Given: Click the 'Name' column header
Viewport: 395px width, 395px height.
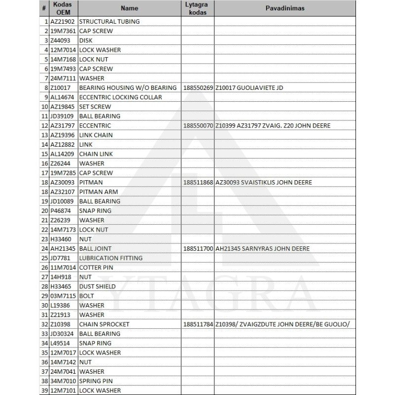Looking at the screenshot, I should coord(129,8).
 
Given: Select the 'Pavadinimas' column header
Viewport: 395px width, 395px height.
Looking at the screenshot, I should coord(285,8).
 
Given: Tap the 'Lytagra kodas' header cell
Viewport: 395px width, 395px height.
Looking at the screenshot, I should coord(197,8).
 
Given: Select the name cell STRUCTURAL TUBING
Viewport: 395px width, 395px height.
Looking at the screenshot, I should coord(109,22).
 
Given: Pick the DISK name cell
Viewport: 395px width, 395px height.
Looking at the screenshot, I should coord(86,40).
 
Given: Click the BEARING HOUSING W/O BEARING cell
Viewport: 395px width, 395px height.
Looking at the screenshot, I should coord(128,88).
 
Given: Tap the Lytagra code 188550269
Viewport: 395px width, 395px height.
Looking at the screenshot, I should coord(197,88).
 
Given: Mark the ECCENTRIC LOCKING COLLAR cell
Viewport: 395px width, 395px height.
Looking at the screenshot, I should coord(120,97).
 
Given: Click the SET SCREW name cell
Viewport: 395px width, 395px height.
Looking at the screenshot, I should coord(95,107).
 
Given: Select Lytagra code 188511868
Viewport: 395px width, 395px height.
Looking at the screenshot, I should coord(197,183).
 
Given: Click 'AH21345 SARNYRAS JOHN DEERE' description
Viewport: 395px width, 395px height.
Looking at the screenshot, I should coord(263,249).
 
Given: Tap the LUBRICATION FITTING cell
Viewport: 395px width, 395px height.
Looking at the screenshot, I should coord(111,258).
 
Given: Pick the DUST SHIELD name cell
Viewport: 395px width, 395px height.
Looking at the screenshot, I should coord(97,286).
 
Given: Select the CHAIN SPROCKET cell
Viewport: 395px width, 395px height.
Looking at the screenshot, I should coord(104,324).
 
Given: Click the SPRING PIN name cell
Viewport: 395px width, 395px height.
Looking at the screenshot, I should coord(96,381).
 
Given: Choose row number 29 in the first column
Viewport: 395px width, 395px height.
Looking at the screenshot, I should coord(44,296).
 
